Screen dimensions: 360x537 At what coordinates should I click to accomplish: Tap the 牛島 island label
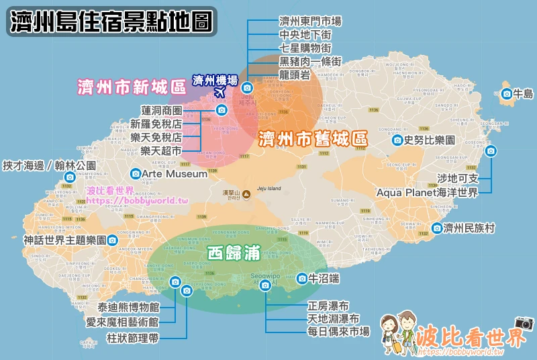523,94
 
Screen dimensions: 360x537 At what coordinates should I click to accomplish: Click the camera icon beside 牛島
507,94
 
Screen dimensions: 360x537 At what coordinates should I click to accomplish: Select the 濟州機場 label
215,80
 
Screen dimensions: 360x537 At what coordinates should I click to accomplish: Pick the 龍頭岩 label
294,75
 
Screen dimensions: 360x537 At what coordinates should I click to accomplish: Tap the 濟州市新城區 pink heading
131,87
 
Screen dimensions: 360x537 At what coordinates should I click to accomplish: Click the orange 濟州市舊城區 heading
313,139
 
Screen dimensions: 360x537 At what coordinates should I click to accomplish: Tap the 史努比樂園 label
430,140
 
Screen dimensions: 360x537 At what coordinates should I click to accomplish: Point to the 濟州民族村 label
469,228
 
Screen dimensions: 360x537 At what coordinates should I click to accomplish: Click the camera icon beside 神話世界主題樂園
113,240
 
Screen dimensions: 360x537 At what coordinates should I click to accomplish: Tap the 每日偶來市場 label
338,331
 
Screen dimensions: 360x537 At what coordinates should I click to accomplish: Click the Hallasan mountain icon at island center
246,194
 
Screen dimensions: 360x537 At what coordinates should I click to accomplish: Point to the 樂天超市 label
161,151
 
